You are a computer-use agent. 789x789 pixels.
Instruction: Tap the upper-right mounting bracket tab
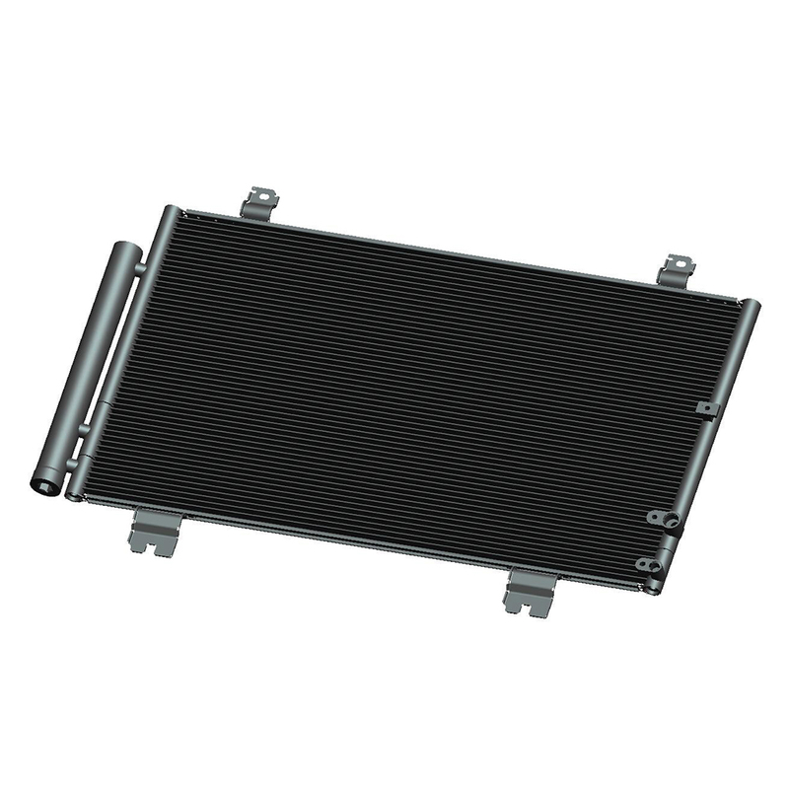(679, 267)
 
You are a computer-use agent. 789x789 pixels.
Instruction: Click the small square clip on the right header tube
(703, 407)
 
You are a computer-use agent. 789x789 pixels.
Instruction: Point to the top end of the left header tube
(171, 211)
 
